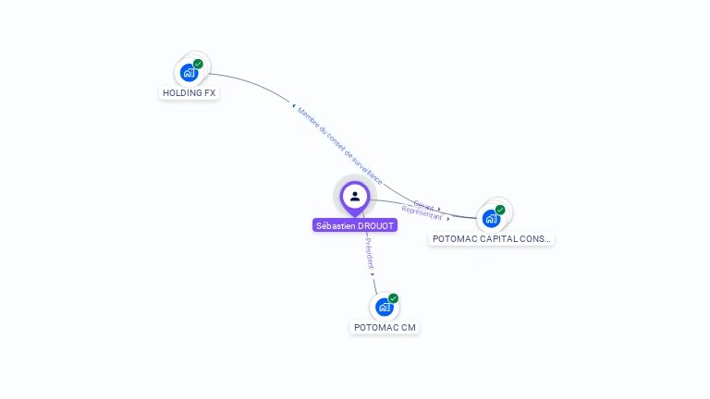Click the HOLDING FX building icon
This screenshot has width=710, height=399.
coord(189,72)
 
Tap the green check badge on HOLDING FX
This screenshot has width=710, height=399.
coord(198,64)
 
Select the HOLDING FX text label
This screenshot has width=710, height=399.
coord(189,93)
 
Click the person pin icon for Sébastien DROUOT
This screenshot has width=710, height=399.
coord(355,197)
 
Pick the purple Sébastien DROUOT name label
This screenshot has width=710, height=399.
coord(355,225)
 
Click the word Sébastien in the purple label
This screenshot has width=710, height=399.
coord(337,225)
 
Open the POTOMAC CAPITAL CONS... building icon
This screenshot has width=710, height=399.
coord(491,218)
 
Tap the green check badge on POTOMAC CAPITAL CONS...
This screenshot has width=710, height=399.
coord(500,210)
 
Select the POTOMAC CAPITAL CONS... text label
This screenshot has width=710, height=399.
coord(492,239)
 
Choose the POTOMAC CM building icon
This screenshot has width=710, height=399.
coord(385,307)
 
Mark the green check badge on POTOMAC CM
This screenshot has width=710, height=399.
coord(393,298)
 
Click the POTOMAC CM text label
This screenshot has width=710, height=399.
coord(385,328)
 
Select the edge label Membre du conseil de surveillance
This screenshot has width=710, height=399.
coord(338,146)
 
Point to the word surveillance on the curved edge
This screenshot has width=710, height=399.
coord(365,169)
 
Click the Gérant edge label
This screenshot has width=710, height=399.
coord(423,205)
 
